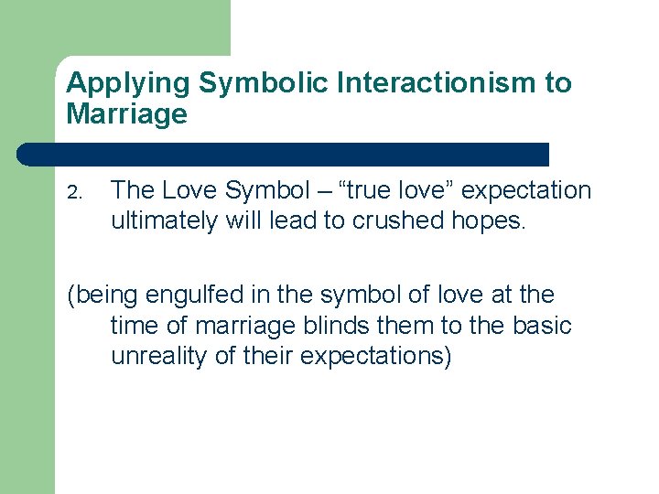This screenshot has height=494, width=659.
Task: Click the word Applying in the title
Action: pos(128,83)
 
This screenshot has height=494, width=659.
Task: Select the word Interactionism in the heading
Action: pos(438,83)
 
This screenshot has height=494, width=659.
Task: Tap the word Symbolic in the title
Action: pos(265,83)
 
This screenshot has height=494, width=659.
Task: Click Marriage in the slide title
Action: pos(126,114)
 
